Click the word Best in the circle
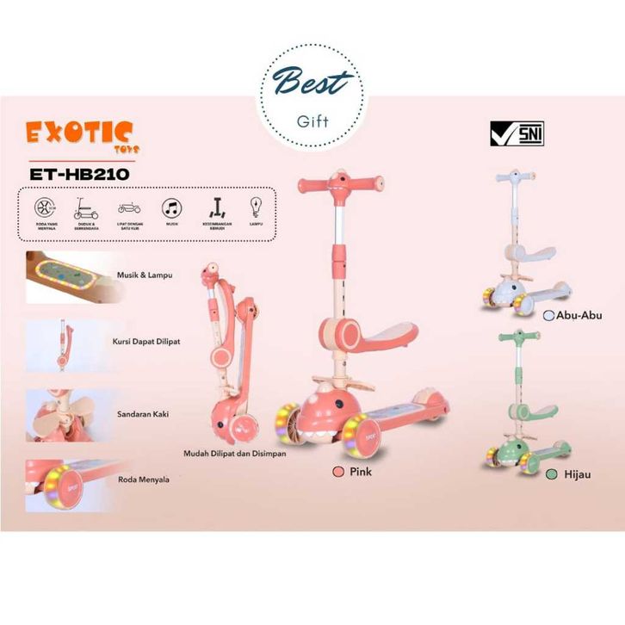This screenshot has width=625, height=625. click(312, 84)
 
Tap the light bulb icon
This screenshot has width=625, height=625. click(256, 207)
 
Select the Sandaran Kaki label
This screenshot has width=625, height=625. click(142, 414)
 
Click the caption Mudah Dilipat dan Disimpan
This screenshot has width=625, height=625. click(235, 454)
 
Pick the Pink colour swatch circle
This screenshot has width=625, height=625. click(339, 473)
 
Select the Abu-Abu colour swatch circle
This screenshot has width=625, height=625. click(548, 316)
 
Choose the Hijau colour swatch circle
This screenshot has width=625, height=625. click(548, 473)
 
